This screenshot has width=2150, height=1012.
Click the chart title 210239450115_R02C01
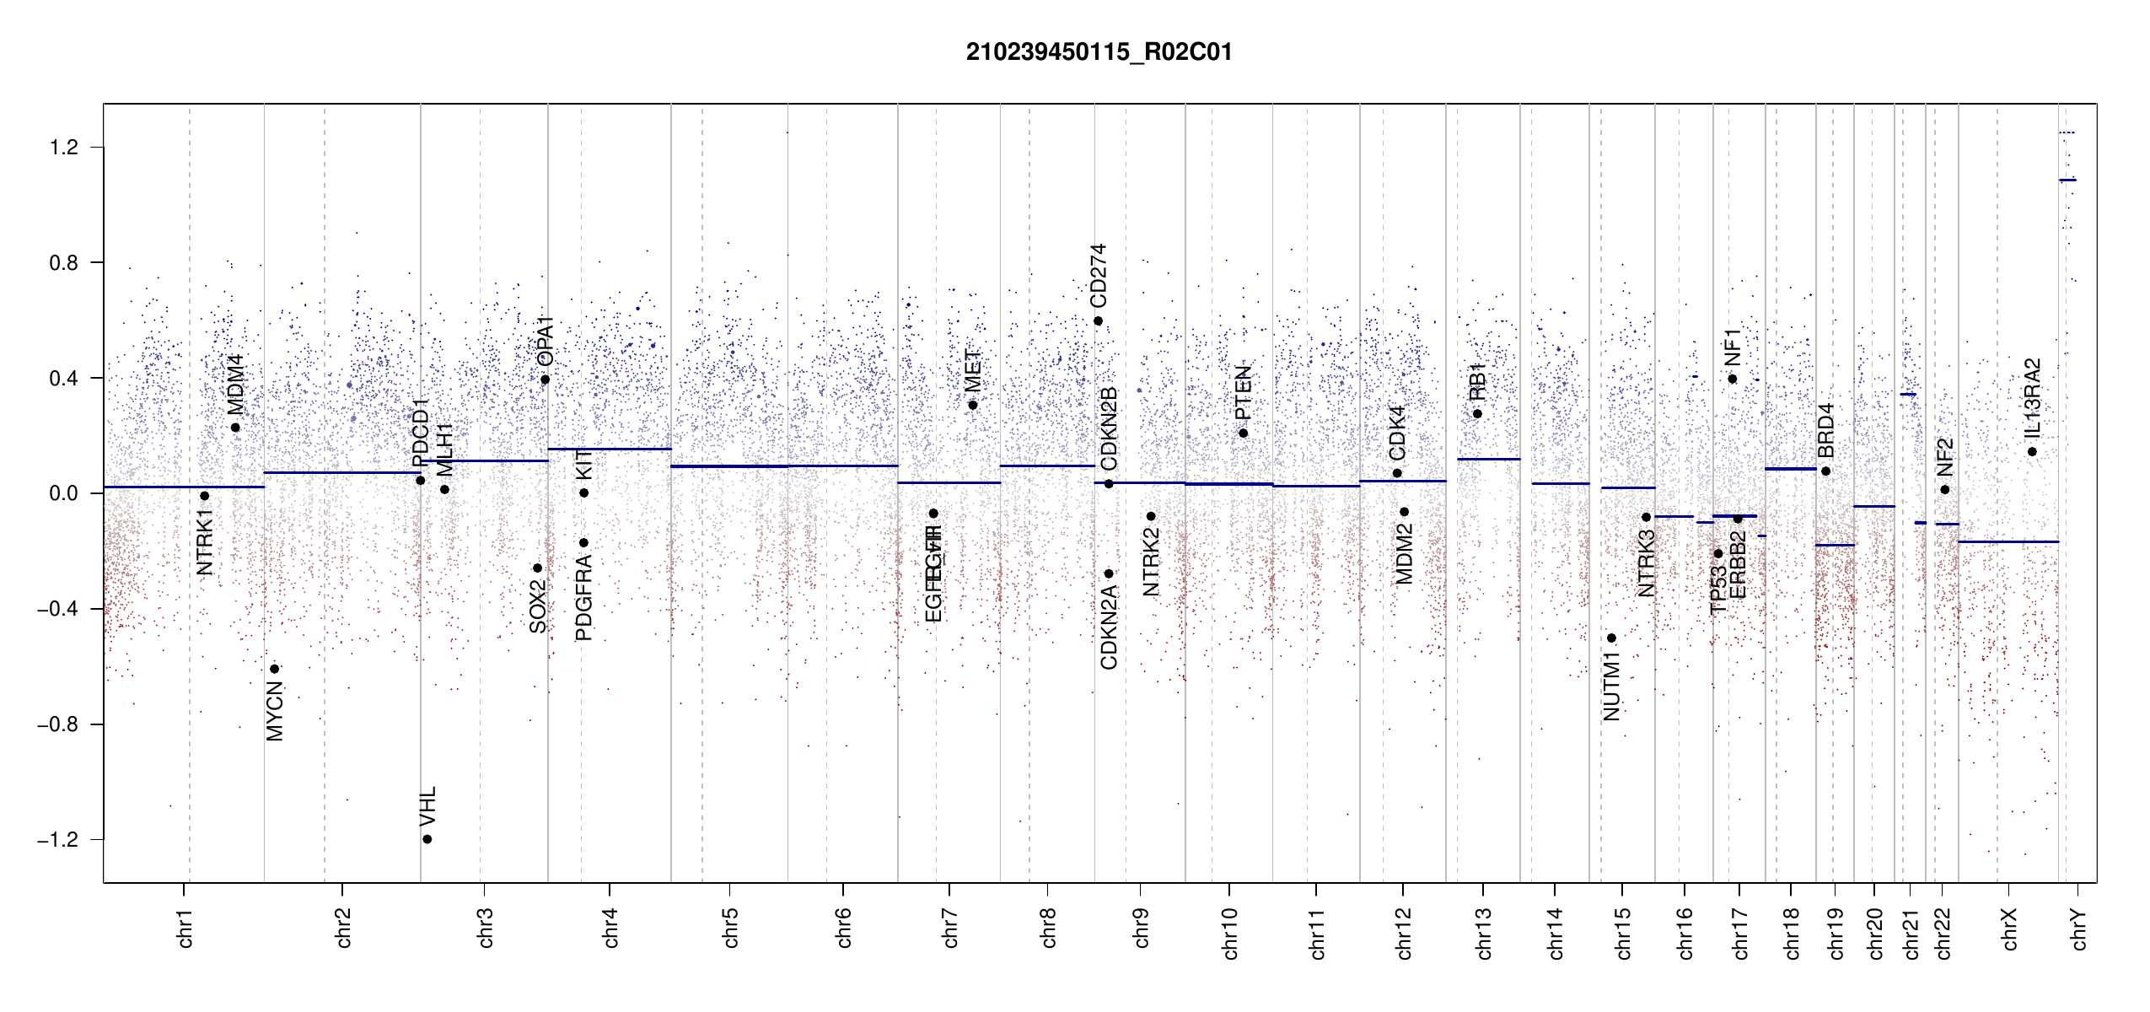1099,52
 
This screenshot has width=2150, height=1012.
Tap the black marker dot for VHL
427,839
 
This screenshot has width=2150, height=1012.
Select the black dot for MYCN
274,669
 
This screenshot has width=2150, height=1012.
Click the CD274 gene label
1098,276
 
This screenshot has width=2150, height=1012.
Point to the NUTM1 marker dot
1611,638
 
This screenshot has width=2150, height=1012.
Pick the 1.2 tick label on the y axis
63,148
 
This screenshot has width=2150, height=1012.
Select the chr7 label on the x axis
950,928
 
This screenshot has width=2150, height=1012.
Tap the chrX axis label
2009,929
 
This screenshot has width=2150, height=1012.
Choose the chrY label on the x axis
2079,929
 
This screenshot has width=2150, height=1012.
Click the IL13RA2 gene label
2033,398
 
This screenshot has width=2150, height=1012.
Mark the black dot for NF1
1732,379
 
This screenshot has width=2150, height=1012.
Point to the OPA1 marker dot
546,379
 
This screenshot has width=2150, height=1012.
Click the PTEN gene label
1243,392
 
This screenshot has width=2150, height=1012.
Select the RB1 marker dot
1477,413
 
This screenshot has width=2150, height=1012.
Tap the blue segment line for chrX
2008,541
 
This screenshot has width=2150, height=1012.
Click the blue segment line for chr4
610,449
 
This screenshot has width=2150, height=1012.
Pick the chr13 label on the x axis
1484,933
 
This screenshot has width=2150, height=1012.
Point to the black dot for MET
972,405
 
